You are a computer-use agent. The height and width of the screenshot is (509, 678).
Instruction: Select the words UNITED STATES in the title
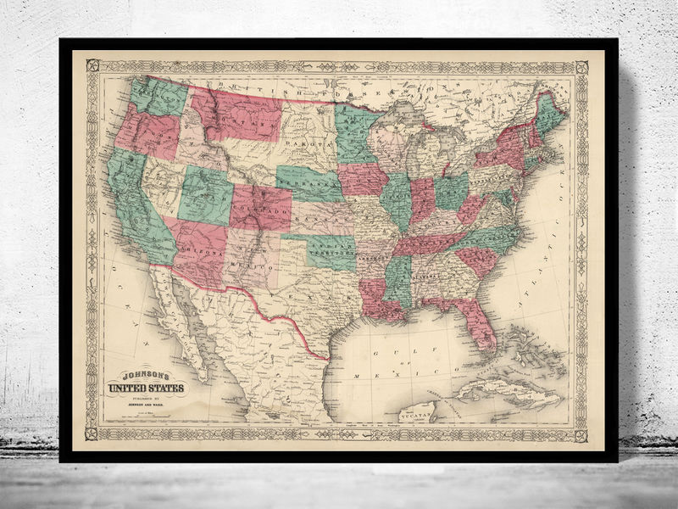pyautogui.click(x=144, y=389)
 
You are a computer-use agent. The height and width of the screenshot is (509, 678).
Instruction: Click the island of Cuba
pyautogui.click(x=508, y=392)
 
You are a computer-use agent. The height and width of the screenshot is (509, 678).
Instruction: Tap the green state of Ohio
pyautogui.click(x=452, y=192)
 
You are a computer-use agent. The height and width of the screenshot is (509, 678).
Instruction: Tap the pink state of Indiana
pyautogui.click(x=421, y=201)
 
